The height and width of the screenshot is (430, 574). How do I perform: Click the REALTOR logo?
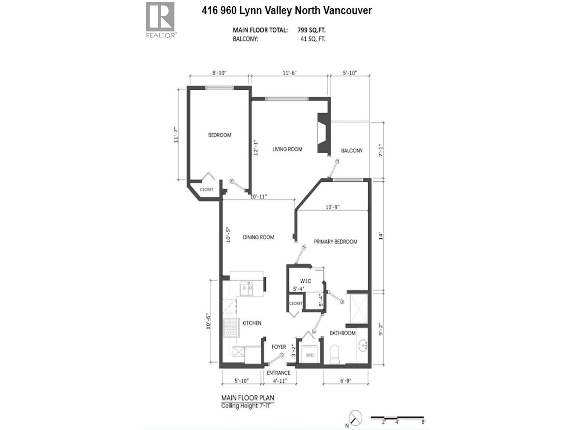pyautogui.click(x=160, y=20)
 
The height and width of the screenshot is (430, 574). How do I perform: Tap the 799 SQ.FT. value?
pyautogui.click(x=311, y=30)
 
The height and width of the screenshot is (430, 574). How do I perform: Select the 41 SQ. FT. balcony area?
pyautogui.click(x=312, y=39)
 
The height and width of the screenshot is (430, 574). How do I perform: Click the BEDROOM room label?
pyautogui.click(x=220, y=135)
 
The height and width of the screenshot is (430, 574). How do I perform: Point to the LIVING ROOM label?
pyautogui.click(x=287, y=149)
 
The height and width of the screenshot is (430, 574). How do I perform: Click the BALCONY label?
pyautogui.click(x=352, y=150)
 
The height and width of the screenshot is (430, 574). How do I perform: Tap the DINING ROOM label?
pyautogui.click(x=258, y=237)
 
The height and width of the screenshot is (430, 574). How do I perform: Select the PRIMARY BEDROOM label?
pyautogui.click(x=335, y=242)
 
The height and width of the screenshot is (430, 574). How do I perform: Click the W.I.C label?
pyautogui.click(x=306, y=281)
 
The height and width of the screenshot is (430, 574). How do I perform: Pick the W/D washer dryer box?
pyautogui.click(x=310, y=355)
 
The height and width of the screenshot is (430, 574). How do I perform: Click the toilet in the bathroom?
pyautogui.click(x=334, y=354)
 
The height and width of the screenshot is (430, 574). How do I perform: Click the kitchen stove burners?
pyautogui.click(x=230, y=328)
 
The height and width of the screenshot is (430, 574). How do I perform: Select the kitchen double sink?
pyautogui.click(x=246, y=289)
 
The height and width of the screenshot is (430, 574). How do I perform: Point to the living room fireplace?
pyautogui.click(x=323, y=133)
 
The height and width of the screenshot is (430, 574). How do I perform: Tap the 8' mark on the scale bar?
pyautogui.click(x=423, y=422)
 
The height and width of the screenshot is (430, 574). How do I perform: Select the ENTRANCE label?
pyautogui.click(x=278, y=373)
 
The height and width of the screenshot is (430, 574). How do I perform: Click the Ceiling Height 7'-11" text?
pyautogui.click(x=247, y=406)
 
